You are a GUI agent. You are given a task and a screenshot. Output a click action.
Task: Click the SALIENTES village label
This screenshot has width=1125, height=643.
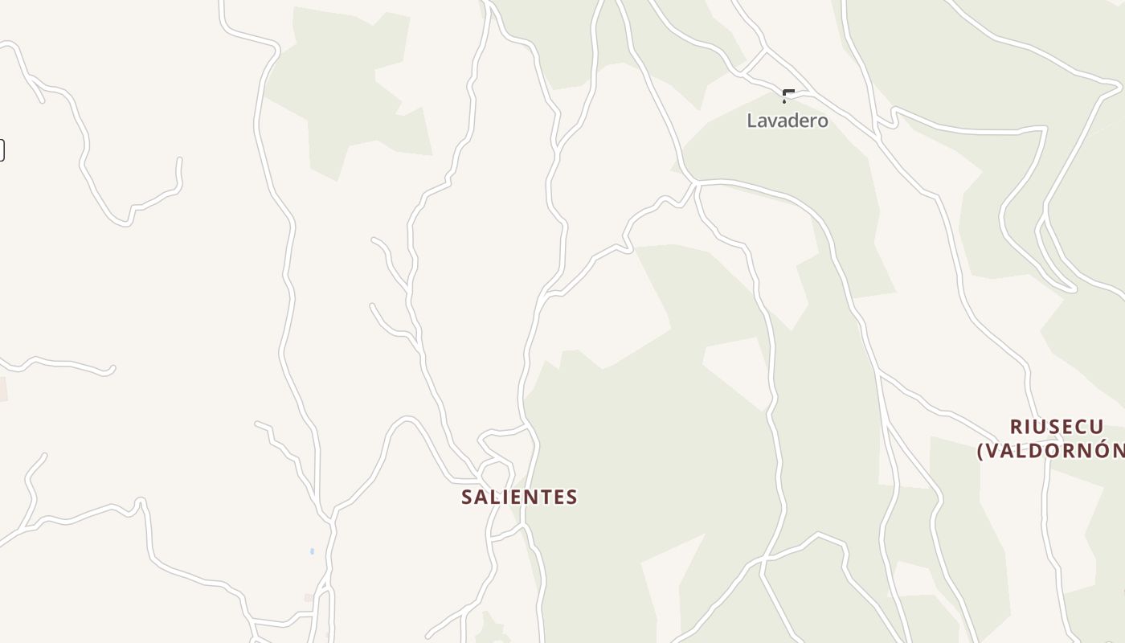tap(519, 497)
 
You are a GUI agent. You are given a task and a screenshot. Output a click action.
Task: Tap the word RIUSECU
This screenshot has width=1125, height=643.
tap(1056, 427)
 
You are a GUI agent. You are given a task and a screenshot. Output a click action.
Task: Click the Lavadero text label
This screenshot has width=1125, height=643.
tap(787, 121)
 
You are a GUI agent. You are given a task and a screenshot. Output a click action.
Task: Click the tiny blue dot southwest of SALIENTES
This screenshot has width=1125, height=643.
tap(312, 551)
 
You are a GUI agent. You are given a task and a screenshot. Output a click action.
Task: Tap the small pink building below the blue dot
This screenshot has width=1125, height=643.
tap(309, 598)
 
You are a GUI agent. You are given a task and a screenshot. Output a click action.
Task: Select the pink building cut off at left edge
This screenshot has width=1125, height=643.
tap(2, 389)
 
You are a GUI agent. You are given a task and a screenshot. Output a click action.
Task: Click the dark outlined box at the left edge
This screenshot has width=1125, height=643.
tap(2, 149)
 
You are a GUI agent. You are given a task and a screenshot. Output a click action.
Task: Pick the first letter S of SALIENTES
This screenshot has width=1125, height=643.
tap(467, 498)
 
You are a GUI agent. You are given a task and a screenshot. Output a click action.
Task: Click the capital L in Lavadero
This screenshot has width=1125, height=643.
tap(752, 121)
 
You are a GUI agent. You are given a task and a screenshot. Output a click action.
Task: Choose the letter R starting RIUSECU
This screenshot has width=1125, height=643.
tap(1016, 427)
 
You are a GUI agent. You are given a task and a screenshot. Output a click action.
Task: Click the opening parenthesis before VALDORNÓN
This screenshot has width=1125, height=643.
tap(981, 451)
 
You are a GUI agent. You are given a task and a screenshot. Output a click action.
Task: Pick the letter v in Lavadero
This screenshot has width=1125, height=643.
tap(777, 121)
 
